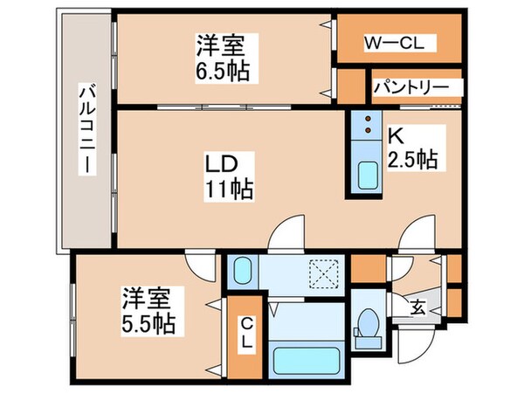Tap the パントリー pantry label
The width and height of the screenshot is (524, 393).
410,88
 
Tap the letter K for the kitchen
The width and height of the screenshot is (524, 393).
395,138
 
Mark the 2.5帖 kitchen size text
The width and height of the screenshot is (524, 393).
412,160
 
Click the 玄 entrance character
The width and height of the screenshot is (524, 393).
418,307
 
